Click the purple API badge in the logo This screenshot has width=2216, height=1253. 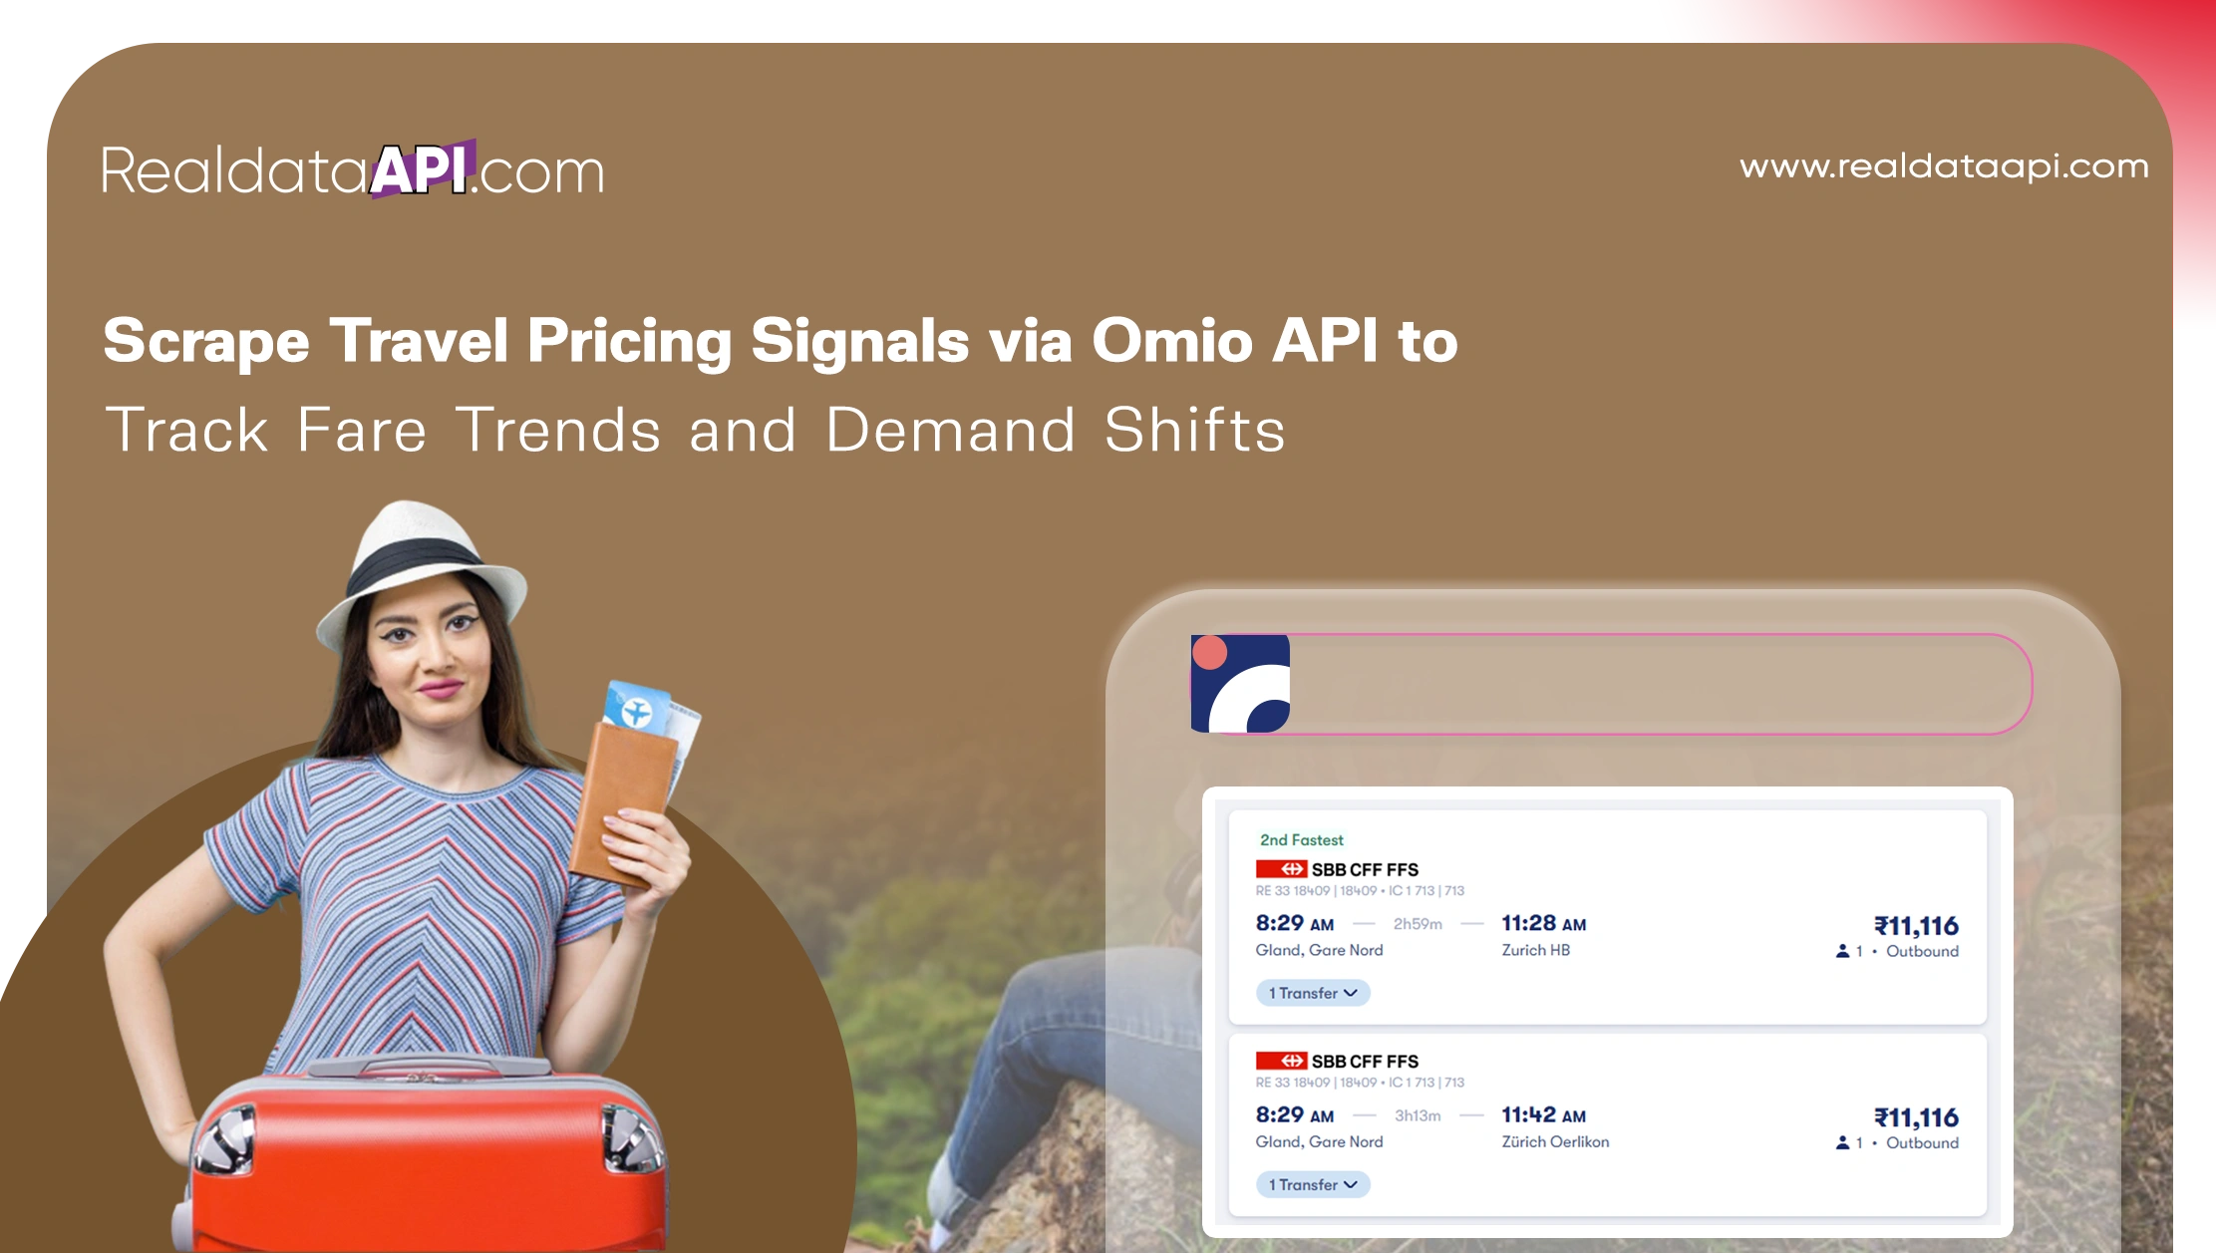(422, 169)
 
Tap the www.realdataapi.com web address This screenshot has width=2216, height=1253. (1944, 166)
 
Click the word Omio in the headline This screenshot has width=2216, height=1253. (1172, 341)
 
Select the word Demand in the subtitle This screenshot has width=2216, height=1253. (951, 431)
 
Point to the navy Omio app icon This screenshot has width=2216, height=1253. (1240, 684)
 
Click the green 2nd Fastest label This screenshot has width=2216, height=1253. (1301, 840)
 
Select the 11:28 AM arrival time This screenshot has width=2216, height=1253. (1543, 924)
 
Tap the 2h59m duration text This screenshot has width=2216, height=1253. (1418, 924)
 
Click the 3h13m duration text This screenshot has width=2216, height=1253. (1418, 1115)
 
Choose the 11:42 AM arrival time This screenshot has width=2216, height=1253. (1543, 1115)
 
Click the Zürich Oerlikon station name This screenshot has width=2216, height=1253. (1555, 1142)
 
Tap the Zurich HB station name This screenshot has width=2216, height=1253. (1535, 951)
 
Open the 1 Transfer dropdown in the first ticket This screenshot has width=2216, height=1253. (1313, 993)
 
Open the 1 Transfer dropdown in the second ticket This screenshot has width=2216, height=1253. (1313, 1184)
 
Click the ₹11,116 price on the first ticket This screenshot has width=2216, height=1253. (1916, 926)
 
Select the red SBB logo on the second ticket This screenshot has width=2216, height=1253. (1281, 1061)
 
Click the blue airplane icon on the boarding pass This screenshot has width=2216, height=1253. (635, 712)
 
